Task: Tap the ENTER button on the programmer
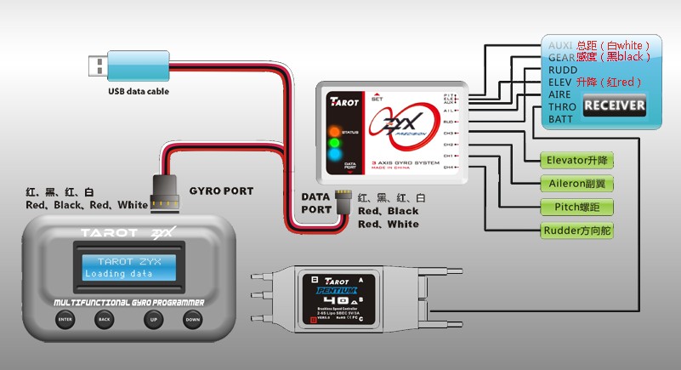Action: coord(65,320)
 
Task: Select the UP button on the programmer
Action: coord(153,320)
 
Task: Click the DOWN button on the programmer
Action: coord(193,320)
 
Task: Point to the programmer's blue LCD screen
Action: coord(129,267)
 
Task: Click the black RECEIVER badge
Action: coord(614,106)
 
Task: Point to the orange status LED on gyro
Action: coord(333,132)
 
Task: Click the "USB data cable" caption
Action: coord(139,91)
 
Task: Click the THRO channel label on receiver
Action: coord(562,107)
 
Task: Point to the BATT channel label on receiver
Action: coord(561,119)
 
